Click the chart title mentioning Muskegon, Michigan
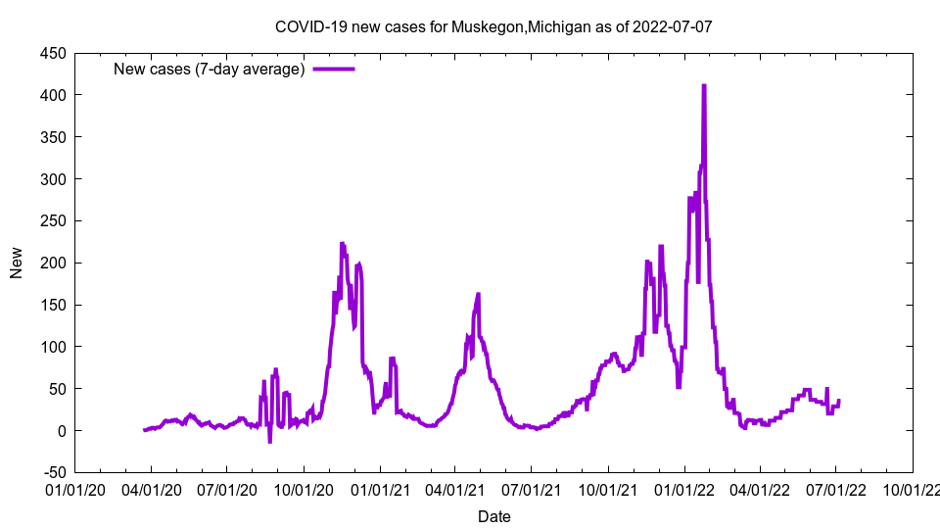pyautogui.click(x=493, y=26)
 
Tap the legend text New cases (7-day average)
pyautogui.click(x=210, y=69)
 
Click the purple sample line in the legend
pyautogui.click(x=334, y=69)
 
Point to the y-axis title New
pyautogui.click(x=17, y=263)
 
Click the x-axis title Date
pyautogui.click(x=493, y=516)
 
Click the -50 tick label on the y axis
pyautogui.click(x=53, y=473)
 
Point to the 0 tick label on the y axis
pyautogui.click(x=61, y=431)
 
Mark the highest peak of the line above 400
pyautogui.click(x=704, y=85)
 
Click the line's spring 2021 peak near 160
pyautogui.click(x=478, y=294)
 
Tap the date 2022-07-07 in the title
pyautogui.click(x=672, y=26)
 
